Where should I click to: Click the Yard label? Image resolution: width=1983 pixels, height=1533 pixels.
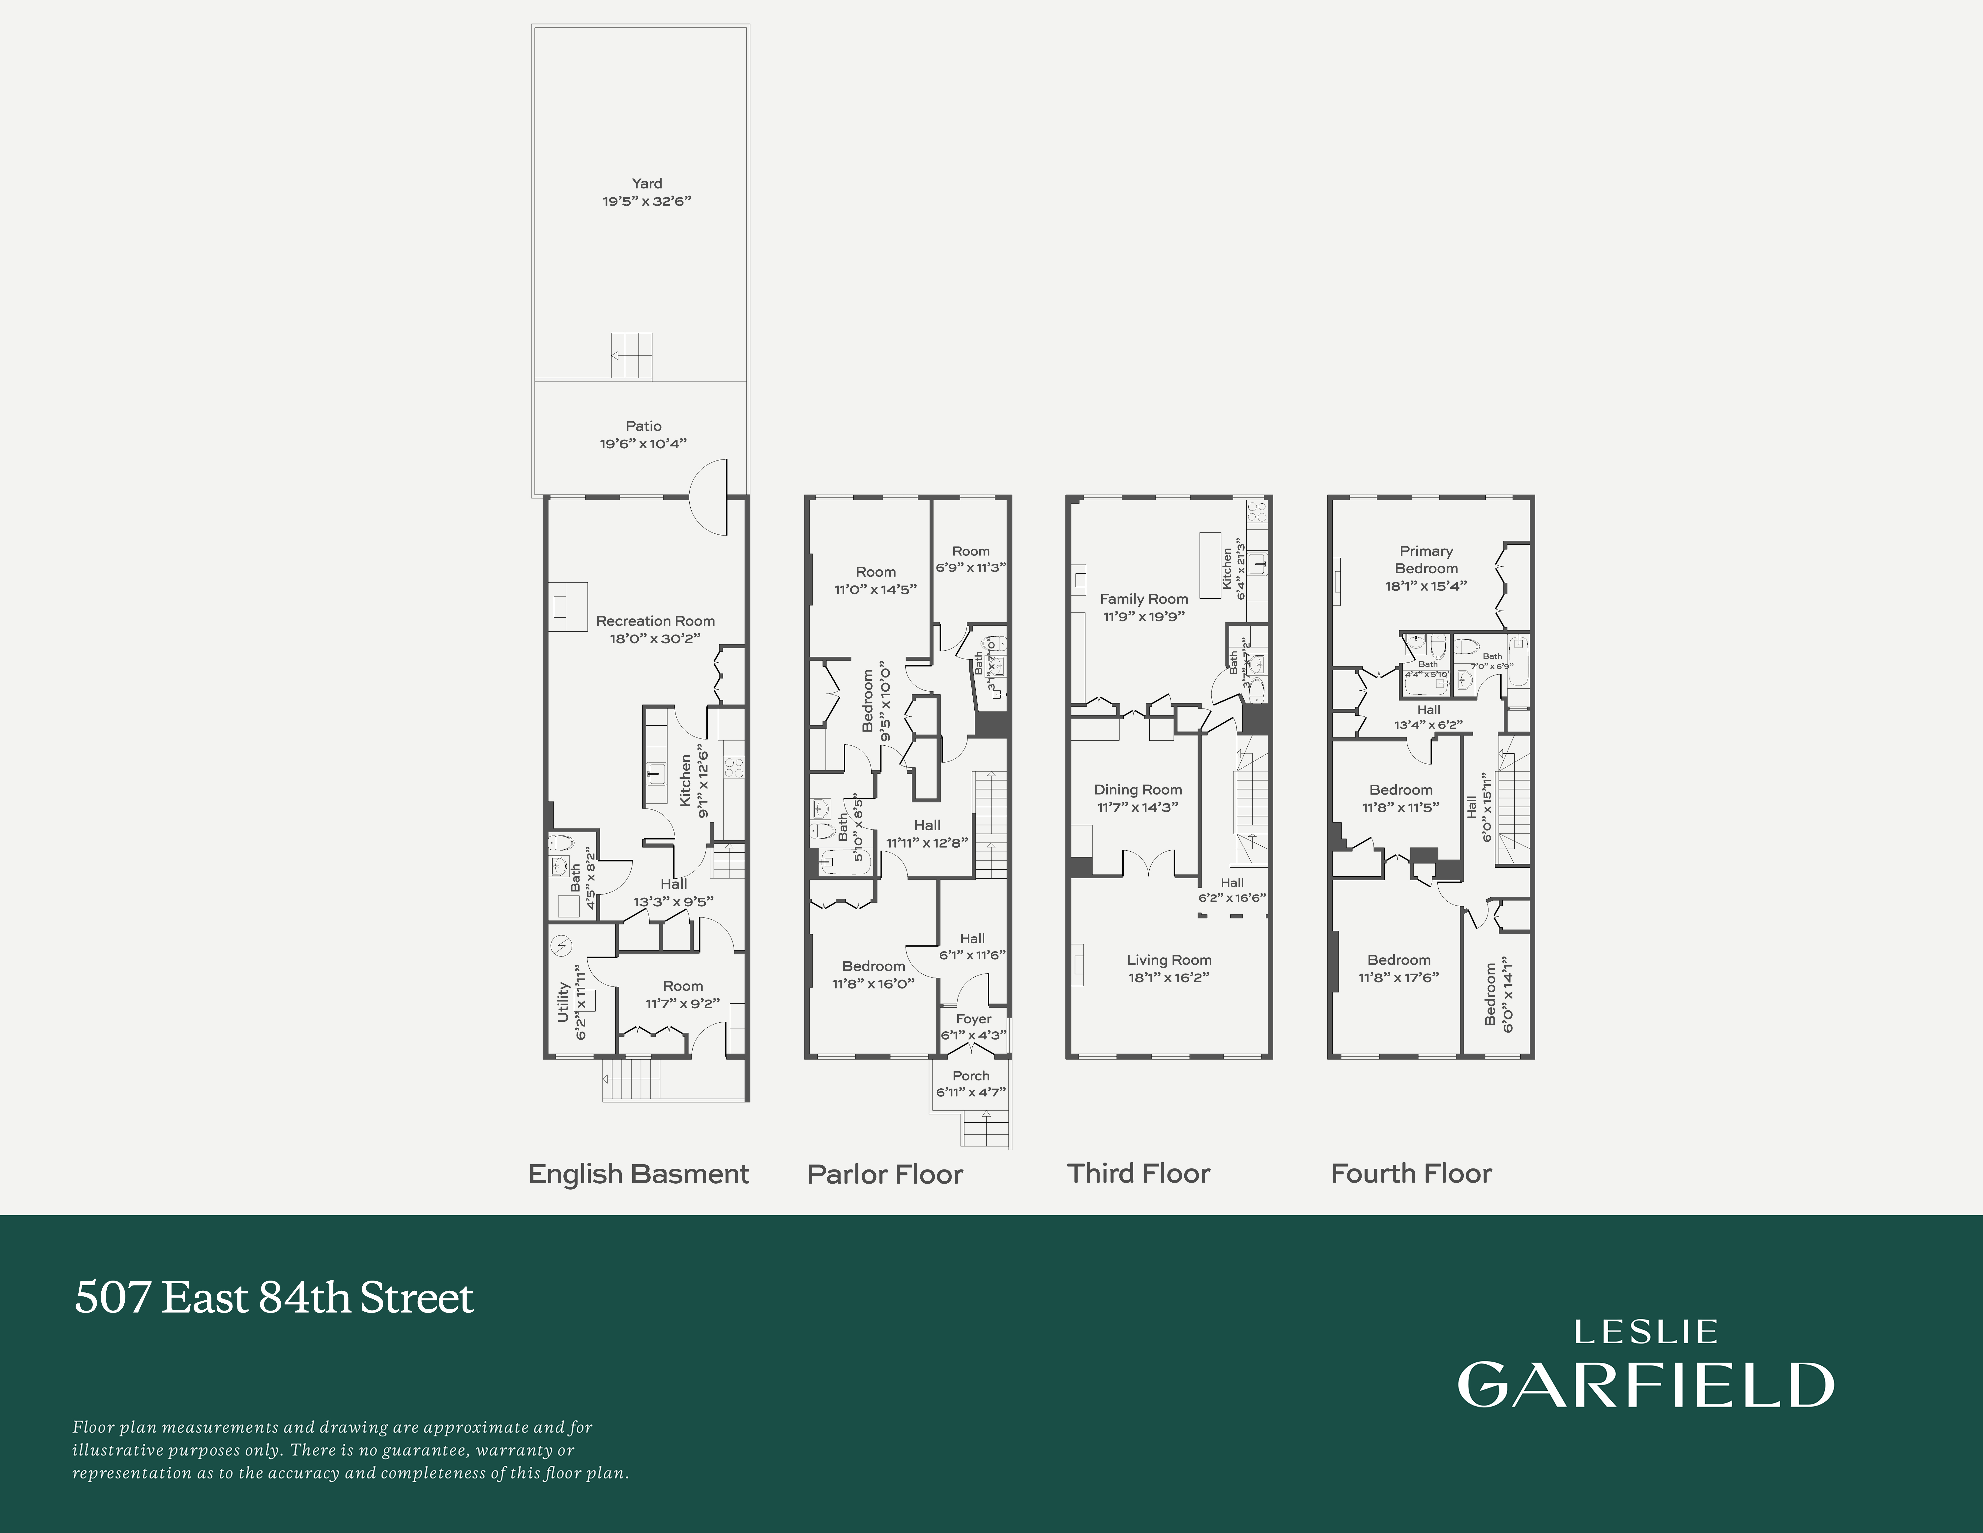pos(646,184)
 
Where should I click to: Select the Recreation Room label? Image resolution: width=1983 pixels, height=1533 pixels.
pos(655,621)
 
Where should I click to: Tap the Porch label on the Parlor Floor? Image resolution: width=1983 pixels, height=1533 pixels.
pos(971,1075)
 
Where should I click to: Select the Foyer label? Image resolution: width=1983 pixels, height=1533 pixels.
pos(973,1019)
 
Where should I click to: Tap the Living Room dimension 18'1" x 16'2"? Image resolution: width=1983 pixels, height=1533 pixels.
pos(1168,977)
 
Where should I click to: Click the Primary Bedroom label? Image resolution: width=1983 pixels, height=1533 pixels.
pos(1426,559)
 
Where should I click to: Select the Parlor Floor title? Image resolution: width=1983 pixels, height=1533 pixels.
pos(884,1174)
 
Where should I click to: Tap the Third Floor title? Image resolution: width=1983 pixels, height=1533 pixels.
pos(1138,1173)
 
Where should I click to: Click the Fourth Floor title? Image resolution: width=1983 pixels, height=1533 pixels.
pos(1411,1173)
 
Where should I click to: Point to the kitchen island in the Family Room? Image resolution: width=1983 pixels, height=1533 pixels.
pos(1209,565)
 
